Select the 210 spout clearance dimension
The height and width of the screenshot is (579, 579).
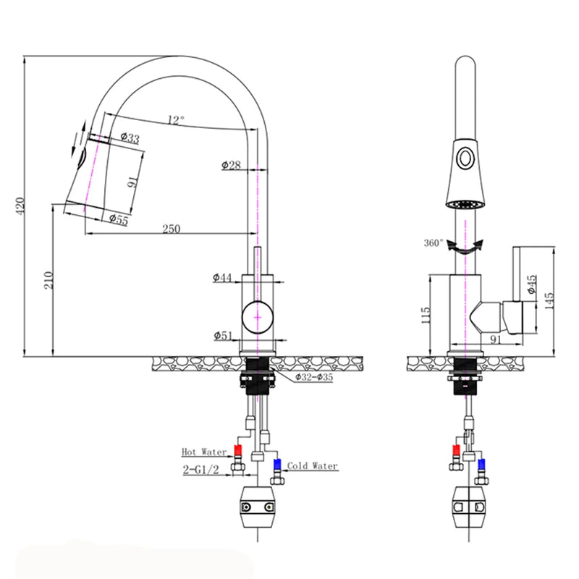pos(48,281)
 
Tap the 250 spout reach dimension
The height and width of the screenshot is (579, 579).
pos(171,229)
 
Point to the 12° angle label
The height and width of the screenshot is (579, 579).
pos(176,119)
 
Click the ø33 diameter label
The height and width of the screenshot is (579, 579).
pos(130,138)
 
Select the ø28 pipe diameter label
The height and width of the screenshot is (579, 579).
pos(230,165)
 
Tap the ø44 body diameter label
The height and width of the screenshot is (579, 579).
pos(222,277)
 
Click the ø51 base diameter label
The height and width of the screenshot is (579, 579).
pos(223,334)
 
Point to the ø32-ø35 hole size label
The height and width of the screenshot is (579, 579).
pos(313,377)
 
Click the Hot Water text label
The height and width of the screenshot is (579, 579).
pos(199,452)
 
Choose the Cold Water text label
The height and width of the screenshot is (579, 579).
pos(312,466)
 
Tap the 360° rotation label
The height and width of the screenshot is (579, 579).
pos(434,243)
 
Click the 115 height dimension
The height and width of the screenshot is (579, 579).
pos(426,313)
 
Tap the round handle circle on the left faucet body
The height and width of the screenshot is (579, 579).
pos(258,316)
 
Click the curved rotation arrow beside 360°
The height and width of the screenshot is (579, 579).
pos(463,248)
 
